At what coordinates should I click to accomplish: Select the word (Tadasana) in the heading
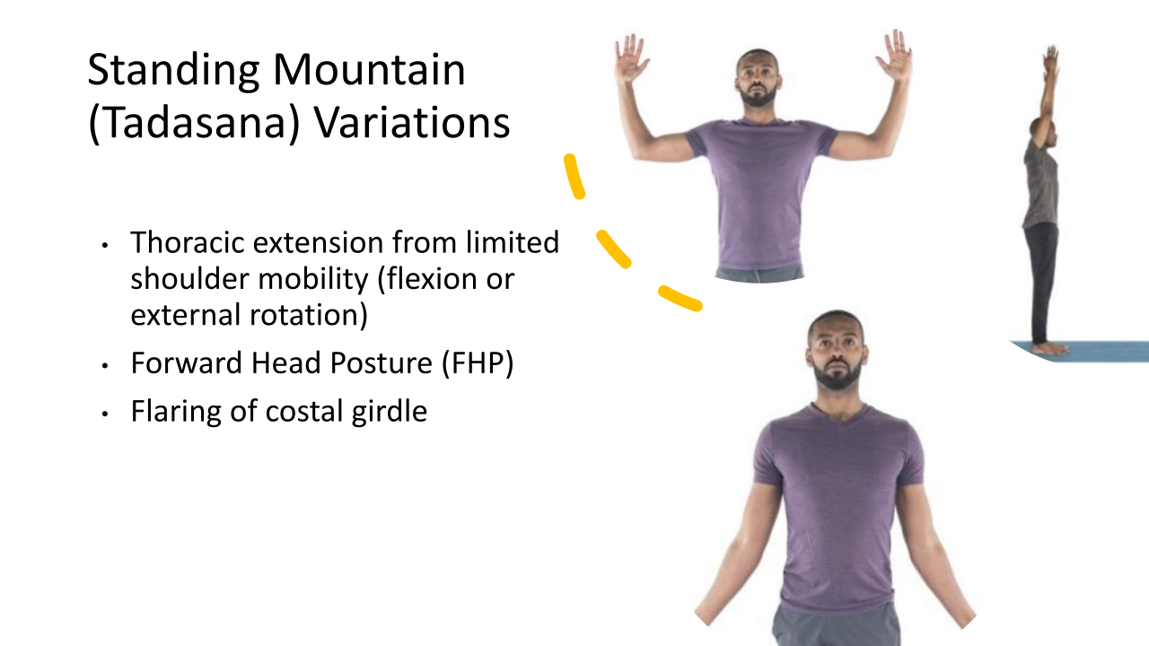tap(194, 123)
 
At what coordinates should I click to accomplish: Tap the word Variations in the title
tap(411, 123)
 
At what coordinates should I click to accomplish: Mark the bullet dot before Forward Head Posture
tap(105, 365)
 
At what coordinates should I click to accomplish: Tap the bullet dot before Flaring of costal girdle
tap(105, 414)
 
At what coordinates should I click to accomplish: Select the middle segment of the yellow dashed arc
tap(613, 249)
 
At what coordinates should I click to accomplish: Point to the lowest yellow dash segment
tap(680, 299)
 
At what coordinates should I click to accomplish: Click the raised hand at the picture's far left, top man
tap(630, 57)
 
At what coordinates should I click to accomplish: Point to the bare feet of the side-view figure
tap(1050, 349)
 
